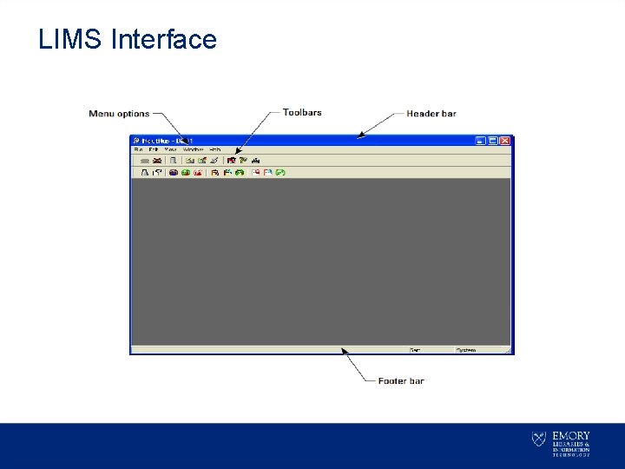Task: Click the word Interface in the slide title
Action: click(x=164, y=39)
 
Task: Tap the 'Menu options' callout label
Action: click(x=119, y=114)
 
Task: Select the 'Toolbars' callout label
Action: click(x=302, y=112)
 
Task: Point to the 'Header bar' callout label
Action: click(x=431, y=114)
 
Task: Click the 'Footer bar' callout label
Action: click(x=401, y=380)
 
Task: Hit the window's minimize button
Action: click(x=481, y=141)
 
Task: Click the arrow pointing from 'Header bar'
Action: click(x=382, y=125)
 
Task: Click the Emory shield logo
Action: click(x=539, y=439)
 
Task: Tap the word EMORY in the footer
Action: click(x=571, y=435)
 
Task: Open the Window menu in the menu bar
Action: click(x=193, y=149)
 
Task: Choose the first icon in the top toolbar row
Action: click(x=145, y=161)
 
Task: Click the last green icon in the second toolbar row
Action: click(x=280, y=173)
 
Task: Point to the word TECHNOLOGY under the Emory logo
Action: click(x=571, y=454)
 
